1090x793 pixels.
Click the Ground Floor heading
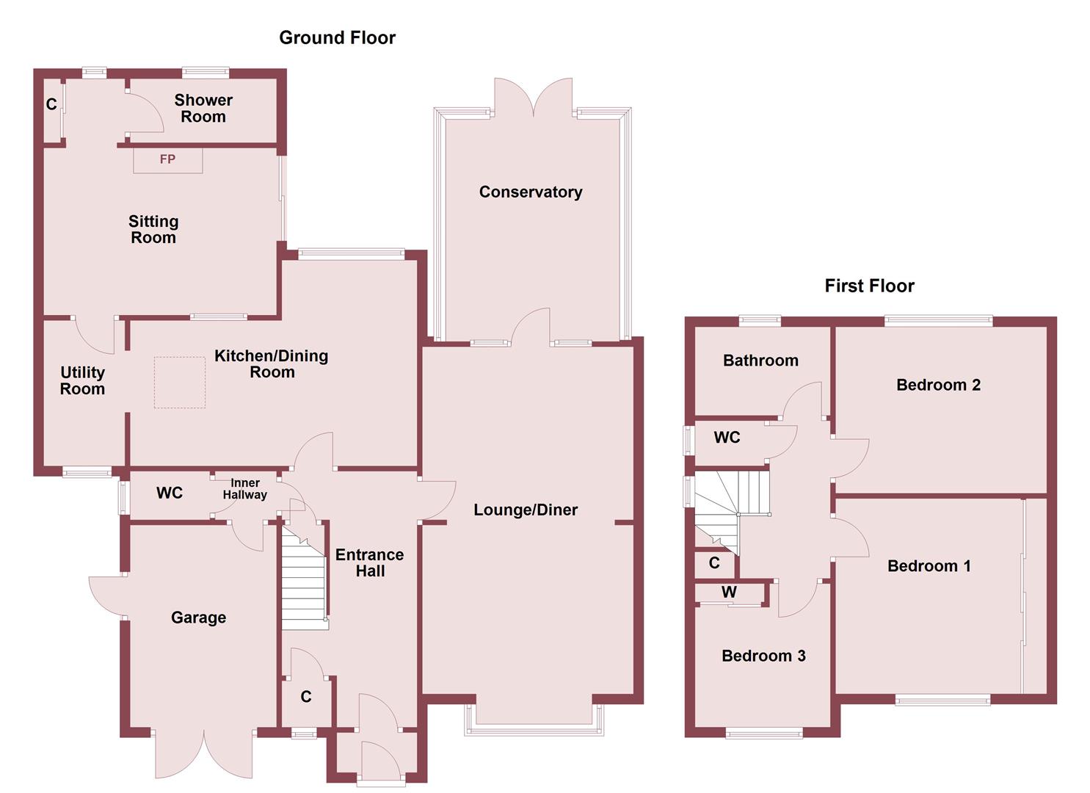[337, 37]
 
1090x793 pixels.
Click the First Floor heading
[869, 286]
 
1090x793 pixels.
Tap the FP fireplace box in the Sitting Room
[167, 159]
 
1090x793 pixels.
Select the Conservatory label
[530, 192]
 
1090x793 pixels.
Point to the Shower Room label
[203, 108]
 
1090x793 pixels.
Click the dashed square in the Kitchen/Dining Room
[179, 382]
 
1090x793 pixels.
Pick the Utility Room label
[82, 380]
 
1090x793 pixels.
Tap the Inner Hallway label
[244, 488]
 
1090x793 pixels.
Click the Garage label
[198, 618]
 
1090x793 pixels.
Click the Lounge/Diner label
[526, 510]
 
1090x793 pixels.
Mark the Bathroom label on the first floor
[760, 360]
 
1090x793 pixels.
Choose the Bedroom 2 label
[938, 385]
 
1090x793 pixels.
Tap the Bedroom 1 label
[929, 565]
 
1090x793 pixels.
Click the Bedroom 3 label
[763, 656]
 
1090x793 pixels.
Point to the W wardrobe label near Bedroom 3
[729, 592]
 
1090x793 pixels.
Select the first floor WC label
[727, 438]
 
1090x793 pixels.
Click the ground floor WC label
[170, 493]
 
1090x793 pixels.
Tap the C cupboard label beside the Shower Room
[51, 104]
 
